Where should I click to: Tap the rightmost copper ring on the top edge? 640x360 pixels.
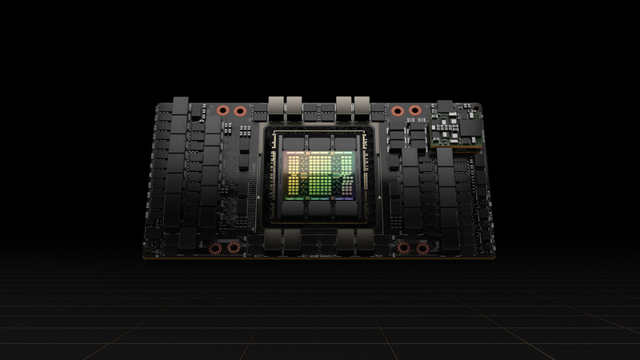tap(414, 111)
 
